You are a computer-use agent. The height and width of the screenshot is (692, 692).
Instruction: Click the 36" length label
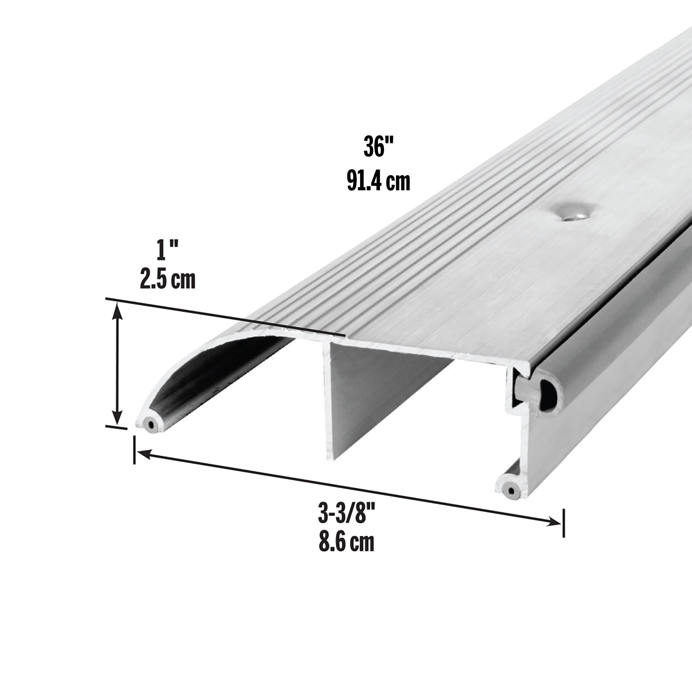pyautogui.click(x=378, y=147)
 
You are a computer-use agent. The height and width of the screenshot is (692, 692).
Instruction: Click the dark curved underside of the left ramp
pyautogui.click(x=215, y=376)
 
